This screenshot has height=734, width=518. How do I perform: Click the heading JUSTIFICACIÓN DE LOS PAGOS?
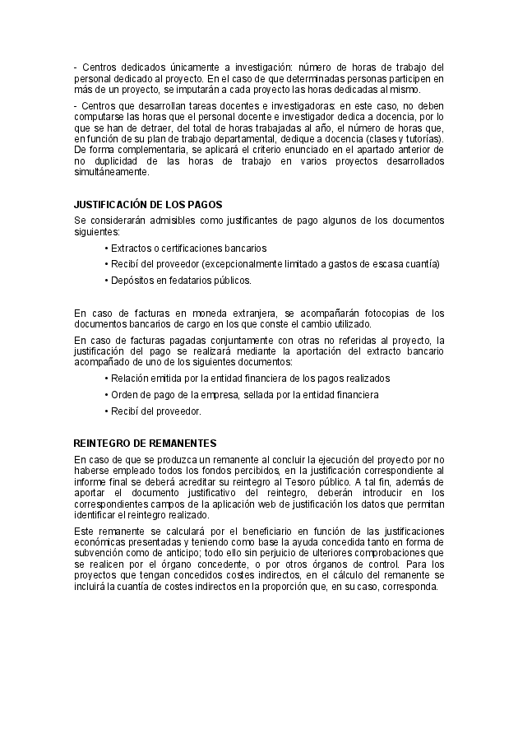tap(148, 204)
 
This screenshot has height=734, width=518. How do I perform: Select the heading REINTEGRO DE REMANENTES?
tap(145, 443)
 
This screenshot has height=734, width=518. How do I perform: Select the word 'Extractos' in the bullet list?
tap(131, 248)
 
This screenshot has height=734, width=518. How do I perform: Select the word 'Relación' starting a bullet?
tap(130, 378)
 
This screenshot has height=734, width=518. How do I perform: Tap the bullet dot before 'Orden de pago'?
tap(107, 395)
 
